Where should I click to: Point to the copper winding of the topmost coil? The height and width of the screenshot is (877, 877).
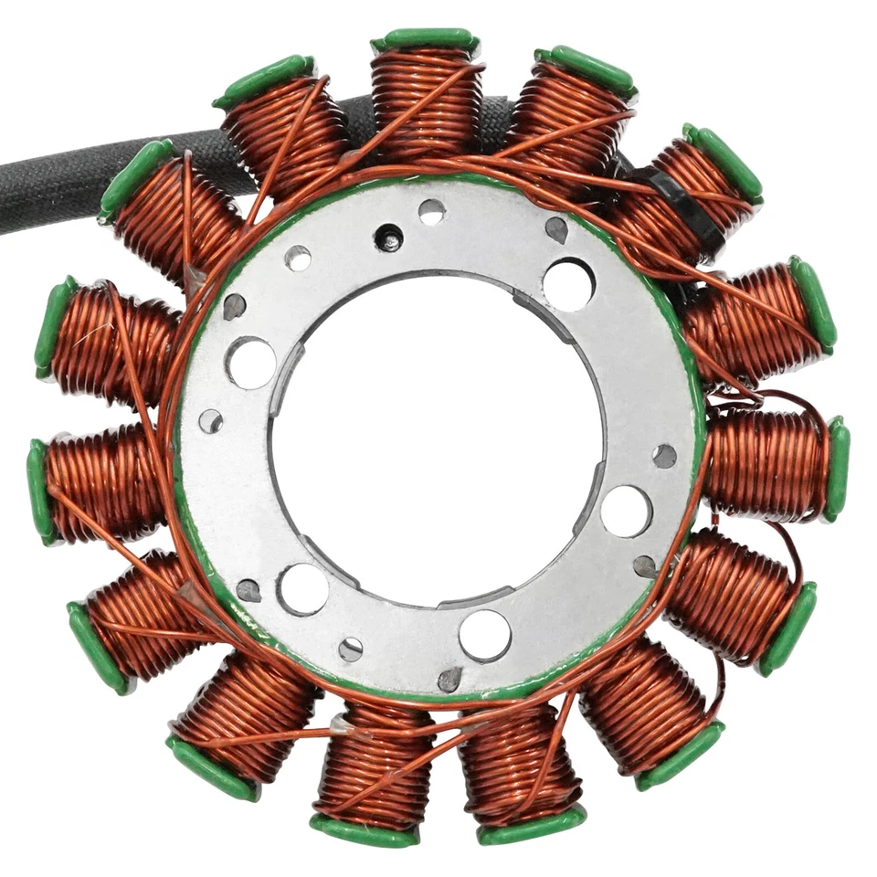pyautogui.click(x=426, y=100)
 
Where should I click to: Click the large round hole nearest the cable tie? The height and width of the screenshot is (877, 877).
pyautogui.click(x=568, y=284)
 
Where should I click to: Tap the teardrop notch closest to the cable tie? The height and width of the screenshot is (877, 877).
pyautogui.click(x=555, y=228)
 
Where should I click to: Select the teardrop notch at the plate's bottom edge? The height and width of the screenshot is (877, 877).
pyautogui.click(x=449, y=679)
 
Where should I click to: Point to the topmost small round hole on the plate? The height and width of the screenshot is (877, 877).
pyautogui.click(x=432, y=212)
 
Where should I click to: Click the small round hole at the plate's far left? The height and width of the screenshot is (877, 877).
pyautogui.click(x=211, y=421)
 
